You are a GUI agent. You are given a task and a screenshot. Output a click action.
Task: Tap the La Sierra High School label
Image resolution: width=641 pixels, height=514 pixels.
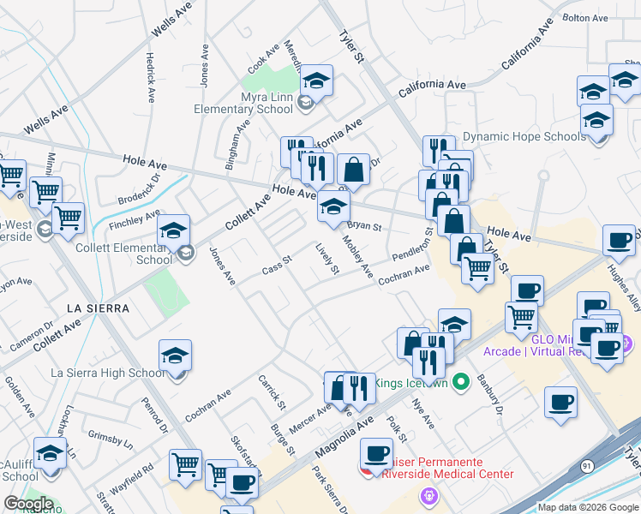click(x=108, y=373)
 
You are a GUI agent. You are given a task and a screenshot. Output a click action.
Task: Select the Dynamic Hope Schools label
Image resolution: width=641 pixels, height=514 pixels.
click(x=524, y=137)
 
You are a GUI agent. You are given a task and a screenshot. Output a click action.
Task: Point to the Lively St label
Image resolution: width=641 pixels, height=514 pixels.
click(x=328, y=260)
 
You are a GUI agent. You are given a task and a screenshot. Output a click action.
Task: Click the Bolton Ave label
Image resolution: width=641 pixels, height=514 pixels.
click(x=584, y=17)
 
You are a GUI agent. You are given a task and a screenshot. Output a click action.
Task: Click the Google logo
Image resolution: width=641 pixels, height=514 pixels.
click(x=28, y=504)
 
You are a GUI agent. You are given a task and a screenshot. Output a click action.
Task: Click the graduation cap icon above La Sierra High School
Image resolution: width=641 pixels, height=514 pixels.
click(x=175, y=356)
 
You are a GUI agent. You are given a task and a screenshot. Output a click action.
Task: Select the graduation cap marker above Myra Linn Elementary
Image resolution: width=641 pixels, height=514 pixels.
click(x=317, y=81)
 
